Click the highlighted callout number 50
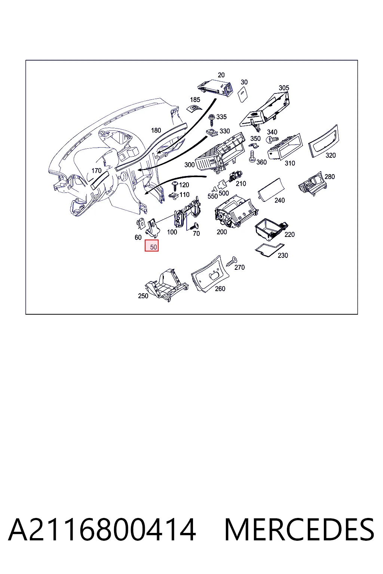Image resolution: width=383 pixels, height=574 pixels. click(153, 247)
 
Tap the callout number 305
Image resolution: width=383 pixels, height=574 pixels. click(284, 88)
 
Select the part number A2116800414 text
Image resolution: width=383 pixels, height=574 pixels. click(102, 530)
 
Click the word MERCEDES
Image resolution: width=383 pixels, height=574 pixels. click(299, 530)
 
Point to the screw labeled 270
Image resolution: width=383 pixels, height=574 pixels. click(232, 262)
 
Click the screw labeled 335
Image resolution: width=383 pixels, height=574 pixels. click(212, 120)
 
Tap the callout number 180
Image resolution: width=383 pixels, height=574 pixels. click(156, 130)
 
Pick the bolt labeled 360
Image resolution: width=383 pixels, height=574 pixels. click(252, 156)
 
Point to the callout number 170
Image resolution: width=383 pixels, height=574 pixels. click(96, 171)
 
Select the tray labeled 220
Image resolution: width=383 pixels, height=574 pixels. click(271, 229)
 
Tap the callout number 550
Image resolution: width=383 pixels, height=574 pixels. click(213, 196)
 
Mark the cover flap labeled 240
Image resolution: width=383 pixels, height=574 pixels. click(271, 189)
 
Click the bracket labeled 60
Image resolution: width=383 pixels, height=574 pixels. click(140, 223)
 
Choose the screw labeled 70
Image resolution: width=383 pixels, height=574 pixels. click(194, 226)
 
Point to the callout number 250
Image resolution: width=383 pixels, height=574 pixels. click(143, 296)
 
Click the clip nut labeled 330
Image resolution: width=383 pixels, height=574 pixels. click(212, 133)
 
